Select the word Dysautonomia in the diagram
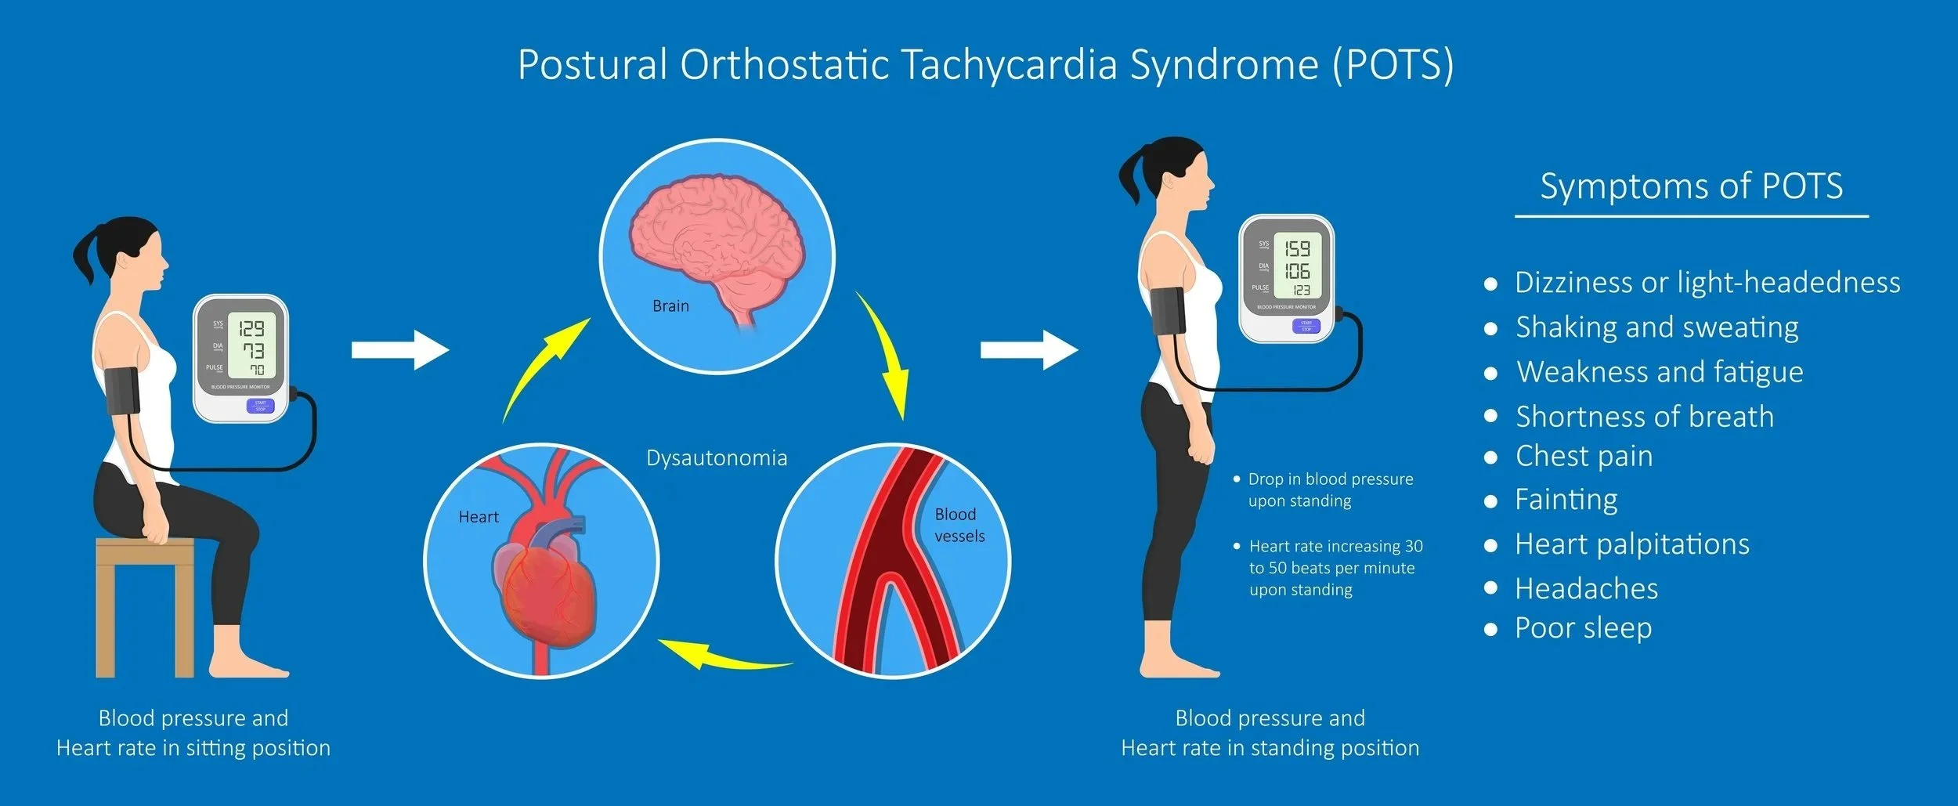[717, 458]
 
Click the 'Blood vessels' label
[959, 525]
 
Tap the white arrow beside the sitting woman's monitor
[399, 349]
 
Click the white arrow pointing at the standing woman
[1028, 349]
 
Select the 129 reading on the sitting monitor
[251, 327]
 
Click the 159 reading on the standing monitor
[1297, 249]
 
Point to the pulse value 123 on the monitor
[1300, 291]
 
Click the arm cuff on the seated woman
[123, 392]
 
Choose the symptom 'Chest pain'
[1584, 457]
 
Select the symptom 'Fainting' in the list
[1566, 500]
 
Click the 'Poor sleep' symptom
[1583, 628]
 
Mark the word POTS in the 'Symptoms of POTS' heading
[1801, 186]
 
